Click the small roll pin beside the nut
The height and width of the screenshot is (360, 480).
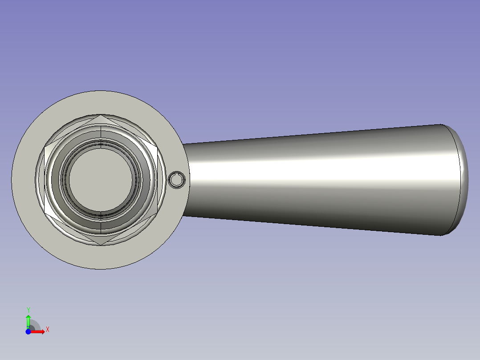coord(177,180)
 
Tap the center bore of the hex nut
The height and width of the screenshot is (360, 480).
coord(101,180)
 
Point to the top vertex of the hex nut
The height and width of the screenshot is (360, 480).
coord(101,115)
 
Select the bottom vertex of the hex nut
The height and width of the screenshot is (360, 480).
coord(101,245)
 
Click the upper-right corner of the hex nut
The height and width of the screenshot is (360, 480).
coord(157,147)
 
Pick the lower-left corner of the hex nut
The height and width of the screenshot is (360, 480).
coord(45,213)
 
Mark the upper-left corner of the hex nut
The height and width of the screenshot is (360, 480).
coord(45,147)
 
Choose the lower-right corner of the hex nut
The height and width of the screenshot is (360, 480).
coord(157,213)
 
